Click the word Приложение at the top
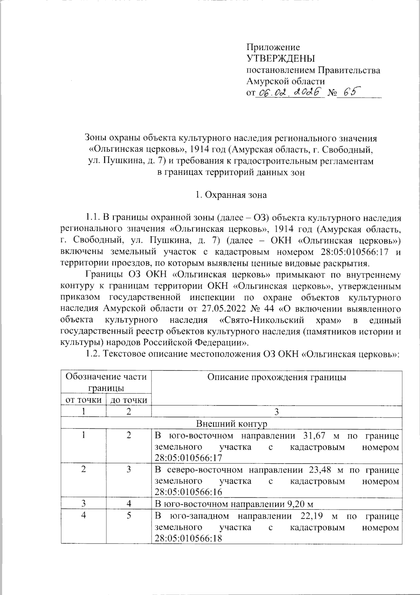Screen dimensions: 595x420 click(x=273, y=47)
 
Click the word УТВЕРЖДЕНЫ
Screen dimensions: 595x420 click(x=281, y=58)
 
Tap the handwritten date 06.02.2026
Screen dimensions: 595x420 click(x=289, y=92)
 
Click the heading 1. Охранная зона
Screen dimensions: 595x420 click(x=231, y=195)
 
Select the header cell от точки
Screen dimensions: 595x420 click(x=84, y=400)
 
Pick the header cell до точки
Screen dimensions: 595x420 click(x=128, y=400)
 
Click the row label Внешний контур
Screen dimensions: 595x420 click(x=231, y=423)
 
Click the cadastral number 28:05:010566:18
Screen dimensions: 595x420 click(x=188, y=538)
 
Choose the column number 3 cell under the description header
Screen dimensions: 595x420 click(x=276, y=412)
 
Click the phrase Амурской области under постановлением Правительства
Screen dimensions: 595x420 click(x=285, y=81)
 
